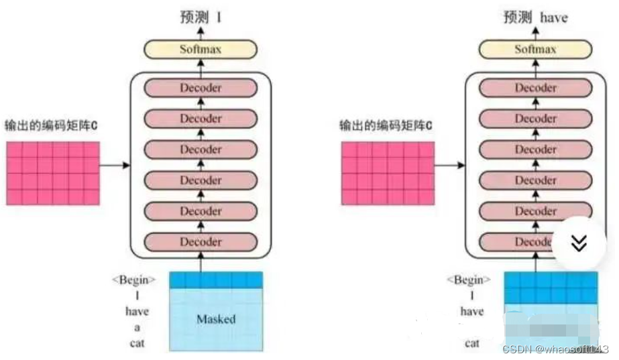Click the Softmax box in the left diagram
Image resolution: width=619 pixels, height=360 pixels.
tap(200, 49)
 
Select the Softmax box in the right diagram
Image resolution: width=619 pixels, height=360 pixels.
tap(535, 49)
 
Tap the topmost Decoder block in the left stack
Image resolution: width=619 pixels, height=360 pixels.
tap(200, 88)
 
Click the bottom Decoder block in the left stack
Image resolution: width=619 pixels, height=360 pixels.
tap(200, 241)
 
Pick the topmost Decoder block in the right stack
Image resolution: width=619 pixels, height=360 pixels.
tap(535, 88)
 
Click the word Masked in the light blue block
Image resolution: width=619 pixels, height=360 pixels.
tap(216, 319)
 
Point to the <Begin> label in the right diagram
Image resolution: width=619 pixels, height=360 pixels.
tap(469, 280)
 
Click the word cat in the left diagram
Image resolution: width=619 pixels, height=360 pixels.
tap(137, 343)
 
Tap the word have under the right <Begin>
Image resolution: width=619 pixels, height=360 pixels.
tap(472, 312)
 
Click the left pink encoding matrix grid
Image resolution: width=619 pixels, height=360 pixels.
tap(54, 173)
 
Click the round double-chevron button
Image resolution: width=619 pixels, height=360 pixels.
tap(579, 243)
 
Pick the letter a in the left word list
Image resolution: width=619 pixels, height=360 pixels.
tap(137, 327)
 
